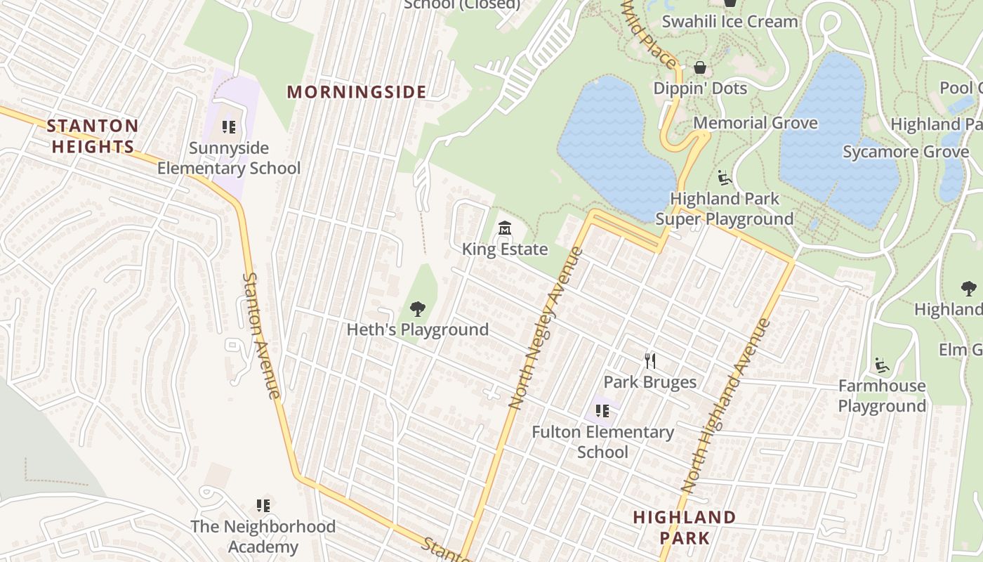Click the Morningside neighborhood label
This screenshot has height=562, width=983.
(x=357, y=92)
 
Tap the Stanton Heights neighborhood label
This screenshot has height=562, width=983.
(x=92, y=136)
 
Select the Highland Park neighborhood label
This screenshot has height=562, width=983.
(x=684, y=528)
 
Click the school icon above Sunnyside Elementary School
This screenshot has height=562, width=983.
(x=229, y=127)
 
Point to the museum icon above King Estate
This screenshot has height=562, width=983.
(x=504, y=228)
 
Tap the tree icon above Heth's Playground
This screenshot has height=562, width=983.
(x=418, y=308)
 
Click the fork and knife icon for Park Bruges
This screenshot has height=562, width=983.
(x=650, y=361)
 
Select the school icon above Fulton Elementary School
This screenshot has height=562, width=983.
(x=602, y=411)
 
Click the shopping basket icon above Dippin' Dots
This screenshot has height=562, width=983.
(x=700, y=67)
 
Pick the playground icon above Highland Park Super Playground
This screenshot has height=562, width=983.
(x=725, y=178)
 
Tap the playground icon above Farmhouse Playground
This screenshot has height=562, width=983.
(x=882, y=365)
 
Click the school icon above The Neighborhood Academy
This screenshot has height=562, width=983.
(x=263, y=506)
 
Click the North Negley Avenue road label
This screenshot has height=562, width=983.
(x=546, y=328)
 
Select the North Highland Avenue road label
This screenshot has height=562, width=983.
(x=726, y=406)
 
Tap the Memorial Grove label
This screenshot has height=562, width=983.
(x=755, y=123)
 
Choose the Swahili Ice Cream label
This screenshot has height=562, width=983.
(x=730, y=21)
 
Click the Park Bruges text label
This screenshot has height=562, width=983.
(x=650, y=382)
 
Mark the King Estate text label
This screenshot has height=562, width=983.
(x=504, y=249)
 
